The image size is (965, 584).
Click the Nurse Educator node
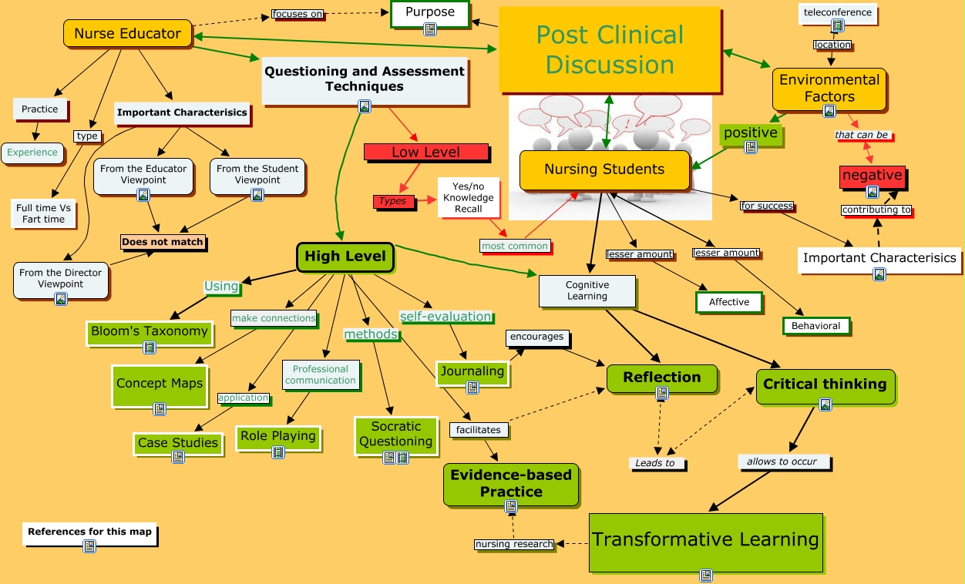[127, 33]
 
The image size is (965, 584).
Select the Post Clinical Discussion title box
[609, 50]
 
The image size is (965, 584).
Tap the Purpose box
[429, 13]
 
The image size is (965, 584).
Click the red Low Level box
[425, 152]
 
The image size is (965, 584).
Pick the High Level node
[345, 257]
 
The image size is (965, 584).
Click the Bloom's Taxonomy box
[149, 331]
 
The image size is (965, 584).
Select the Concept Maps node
[160, 384]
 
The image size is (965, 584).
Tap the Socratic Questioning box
[395, 434]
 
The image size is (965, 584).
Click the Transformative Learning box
[705, 539]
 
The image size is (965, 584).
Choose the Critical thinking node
[825, 384]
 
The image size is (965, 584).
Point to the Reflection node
[661, 378]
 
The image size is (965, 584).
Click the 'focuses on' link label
[297, 14]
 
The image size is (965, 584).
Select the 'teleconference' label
[837, 12]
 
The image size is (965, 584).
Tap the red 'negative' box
[872, 175]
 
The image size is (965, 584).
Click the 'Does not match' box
[163, 242]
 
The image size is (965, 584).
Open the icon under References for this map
[89, 546]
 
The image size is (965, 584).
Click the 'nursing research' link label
[513, 544]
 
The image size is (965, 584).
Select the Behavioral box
[815, 326]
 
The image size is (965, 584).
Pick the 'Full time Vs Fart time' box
[44, 213]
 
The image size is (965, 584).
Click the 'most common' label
[514, 246]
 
